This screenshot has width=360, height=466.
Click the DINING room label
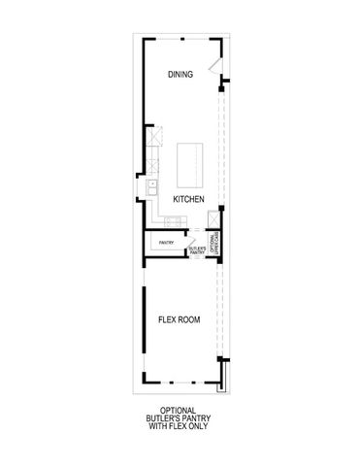pyautogui.click(x=180, y=74)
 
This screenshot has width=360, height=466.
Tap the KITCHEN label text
pyautogui.click(x=187, y=198)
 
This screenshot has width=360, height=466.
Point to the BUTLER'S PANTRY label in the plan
pyautogui.click(x=196, y=250)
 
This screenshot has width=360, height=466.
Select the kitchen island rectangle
pyautogui.click(x=187, y=163)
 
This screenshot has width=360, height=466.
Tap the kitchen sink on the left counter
pyautogui.click(x=152, y=187)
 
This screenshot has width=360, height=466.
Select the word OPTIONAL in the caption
pyautogui.click(x=180, y=411)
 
